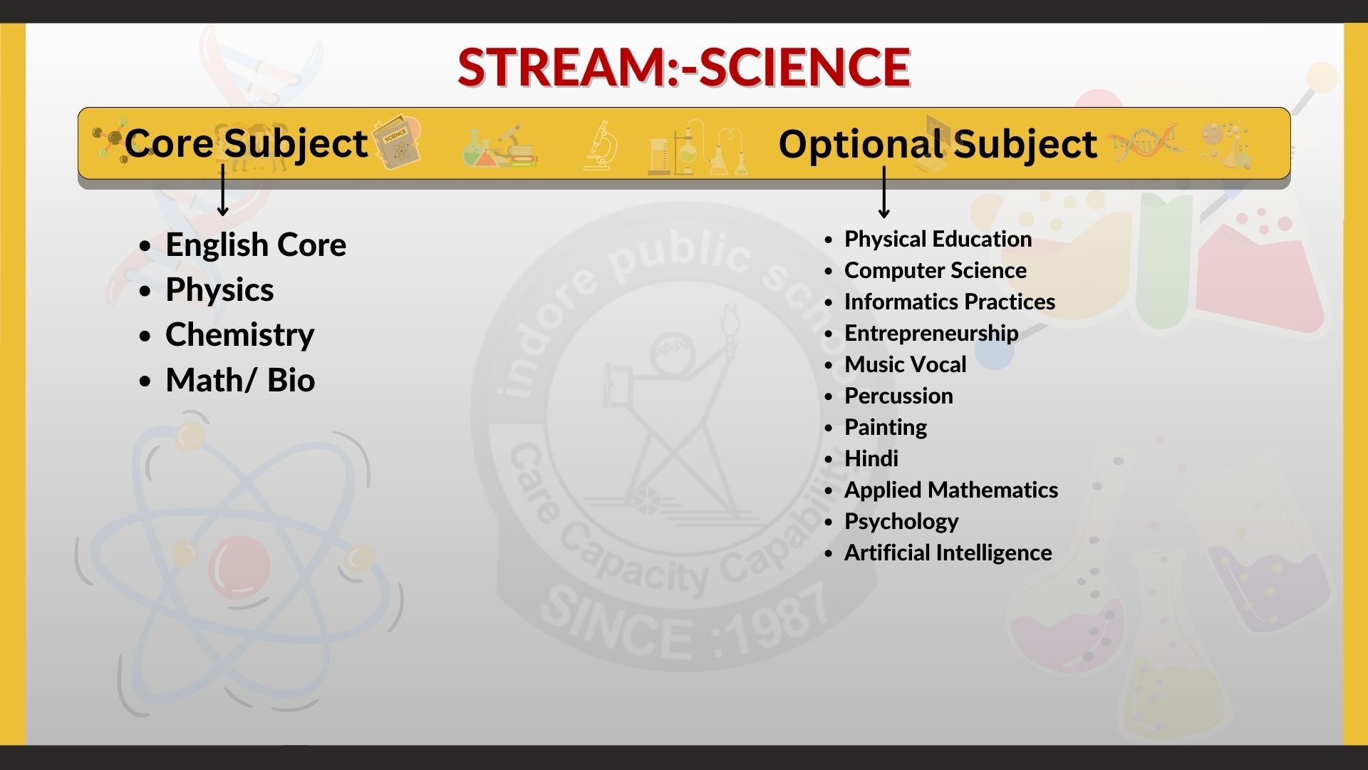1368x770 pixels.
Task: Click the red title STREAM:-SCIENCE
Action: coord(684,68)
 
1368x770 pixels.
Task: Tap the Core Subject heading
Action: coord(246,145)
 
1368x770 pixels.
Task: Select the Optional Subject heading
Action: coord(938,145)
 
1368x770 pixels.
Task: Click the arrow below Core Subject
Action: coord(223,190)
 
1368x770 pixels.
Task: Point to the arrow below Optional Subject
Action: coord(884,192)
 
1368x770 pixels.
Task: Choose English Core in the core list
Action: coord(256,245)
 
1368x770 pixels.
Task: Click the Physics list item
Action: coord(219,290)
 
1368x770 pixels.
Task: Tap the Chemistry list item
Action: coord(240,334)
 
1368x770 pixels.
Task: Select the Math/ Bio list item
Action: coord(240,380)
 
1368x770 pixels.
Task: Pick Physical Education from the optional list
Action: coord(938,239)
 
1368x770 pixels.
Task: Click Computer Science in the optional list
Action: coord(936,270)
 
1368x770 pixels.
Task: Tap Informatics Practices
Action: coord(950,302)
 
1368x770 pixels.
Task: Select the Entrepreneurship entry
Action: coord(931,334)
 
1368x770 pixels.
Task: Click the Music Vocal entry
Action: coord(906,364)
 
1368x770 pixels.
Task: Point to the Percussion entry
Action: coord(898,396)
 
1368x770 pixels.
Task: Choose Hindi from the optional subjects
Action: coord(871,458)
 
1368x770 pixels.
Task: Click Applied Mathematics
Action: coord(951,490)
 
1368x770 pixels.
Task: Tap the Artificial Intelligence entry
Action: coord(948,553)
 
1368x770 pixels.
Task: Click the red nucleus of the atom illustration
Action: coord(239,568)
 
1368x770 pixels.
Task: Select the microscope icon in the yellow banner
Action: coord(598,145)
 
